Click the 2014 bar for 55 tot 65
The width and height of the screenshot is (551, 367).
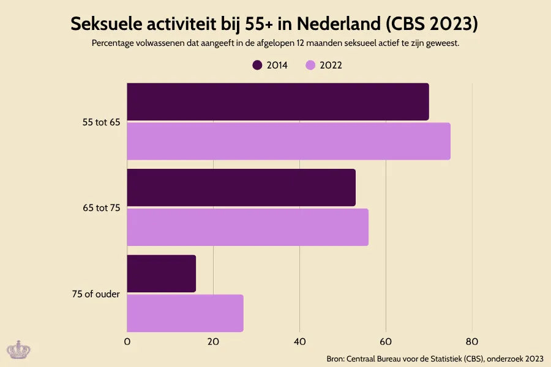point(277,102)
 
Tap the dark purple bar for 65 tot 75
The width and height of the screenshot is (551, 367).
point(241,187)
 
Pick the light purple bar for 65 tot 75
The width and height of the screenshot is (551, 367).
point(247,227)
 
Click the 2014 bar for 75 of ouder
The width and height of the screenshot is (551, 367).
point(161,273)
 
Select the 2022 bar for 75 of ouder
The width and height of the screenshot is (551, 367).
point(185,313)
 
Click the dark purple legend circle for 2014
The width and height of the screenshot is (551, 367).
point(258,65)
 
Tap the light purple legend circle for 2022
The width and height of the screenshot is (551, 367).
point(310,65)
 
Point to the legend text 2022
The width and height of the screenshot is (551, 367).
point(331,65)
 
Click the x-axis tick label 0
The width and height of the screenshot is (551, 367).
point(127,341)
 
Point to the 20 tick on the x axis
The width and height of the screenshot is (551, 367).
point(213,341)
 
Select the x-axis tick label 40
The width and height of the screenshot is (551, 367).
point(299,341)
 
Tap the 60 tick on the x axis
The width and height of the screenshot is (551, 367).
point(386,341)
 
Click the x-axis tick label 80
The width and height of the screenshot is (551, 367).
point(471,341)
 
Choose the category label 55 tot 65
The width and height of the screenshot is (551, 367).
point(101,122)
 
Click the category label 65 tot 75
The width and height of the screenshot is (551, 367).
point(101,208)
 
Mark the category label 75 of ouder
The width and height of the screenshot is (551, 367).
point(96,294)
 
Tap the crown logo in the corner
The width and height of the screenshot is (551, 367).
point(18,349)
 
